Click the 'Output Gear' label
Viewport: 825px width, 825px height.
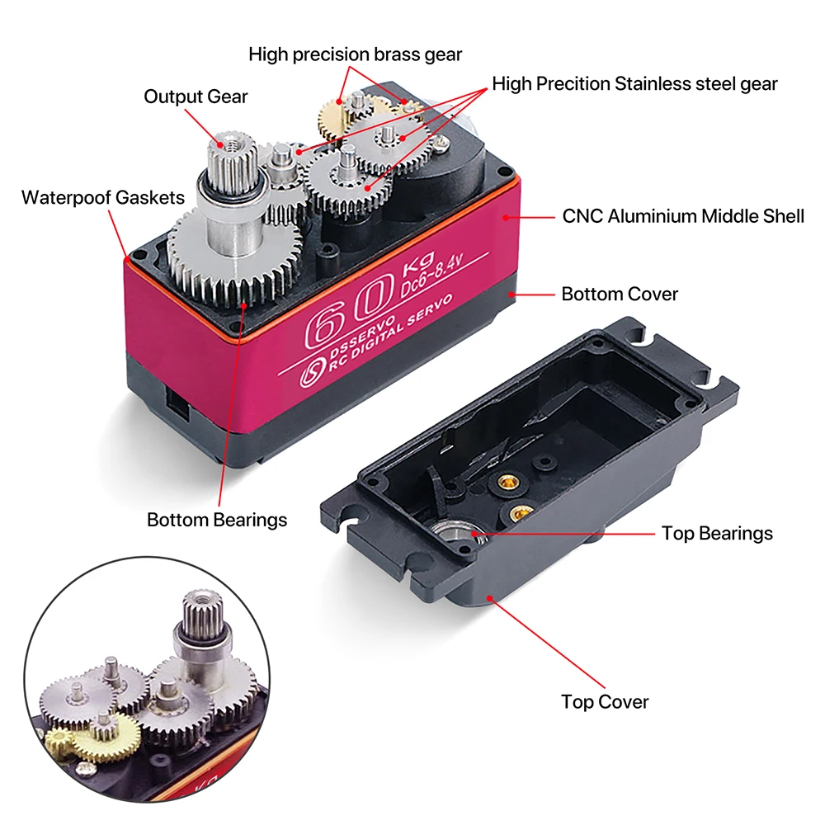[196, 97]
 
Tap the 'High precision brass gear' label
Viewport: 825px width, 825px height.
[355, 54]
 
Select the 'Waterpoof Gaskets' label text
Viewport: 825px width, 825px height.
[103, 197]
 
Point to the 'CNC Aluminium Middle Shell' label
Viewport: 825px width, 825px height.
[682, 216]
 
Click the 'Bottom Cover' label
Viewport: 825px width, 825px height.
[620, 294]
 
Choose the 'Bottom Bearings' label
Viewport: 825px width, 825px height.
[217, 520]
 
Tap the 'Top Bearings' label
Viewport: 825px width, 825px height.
[717, 533]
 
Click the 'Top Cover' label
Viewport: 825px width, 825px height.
[605, 702]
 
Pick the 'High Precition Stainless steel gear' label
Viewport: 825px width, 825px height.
[634, 83]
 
